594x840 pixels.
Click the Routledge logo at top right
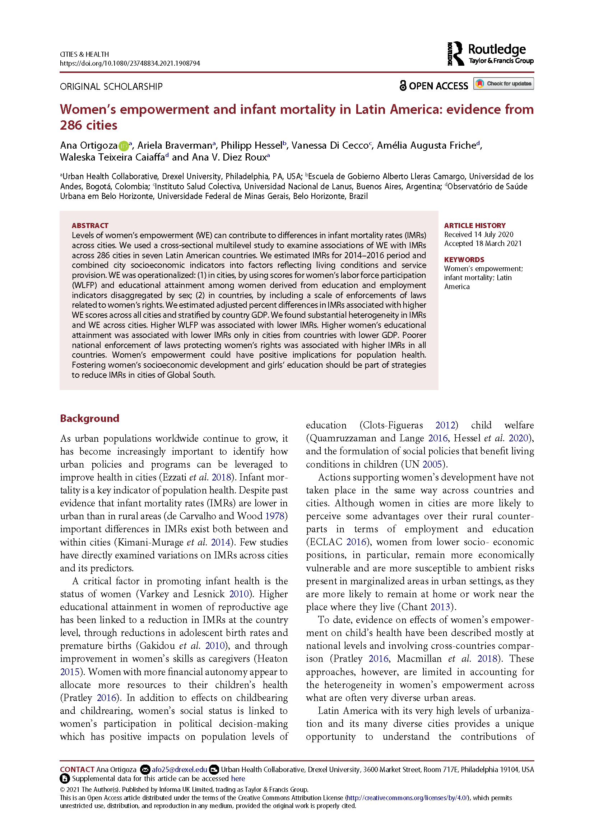click(490, 54)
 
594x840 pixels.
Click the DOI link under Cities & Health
click(130, 63)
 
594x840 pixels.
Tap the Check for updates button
click(503, 84)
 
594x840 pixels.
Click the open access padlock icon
click(403, 85)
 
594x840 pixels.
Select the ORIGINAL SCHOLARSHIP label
click(111, 87)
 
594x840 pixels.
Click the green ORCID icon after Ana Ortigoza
click(124, 146)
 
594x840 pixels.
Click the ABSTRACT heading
click(90, 226)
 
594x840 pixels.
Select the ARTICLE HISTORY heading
click(475, 226)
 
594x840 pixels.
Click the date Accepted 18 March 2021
click(483, 243)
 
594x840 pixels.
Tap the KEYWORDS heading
click(464, 260)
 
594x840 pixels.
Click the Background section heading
click(90, 418)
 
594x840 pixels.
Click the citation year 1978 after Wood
click(275, 516)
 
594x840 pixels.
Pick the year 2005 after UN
click(432, 464)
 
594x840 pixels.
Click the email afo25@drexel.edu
click(179, 770)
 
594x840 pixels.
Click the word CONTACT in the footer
click(77, 770)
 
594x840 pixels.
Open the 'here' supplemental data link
click(238, 779)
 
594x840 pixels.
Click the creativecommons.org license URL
click(407, 798)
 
